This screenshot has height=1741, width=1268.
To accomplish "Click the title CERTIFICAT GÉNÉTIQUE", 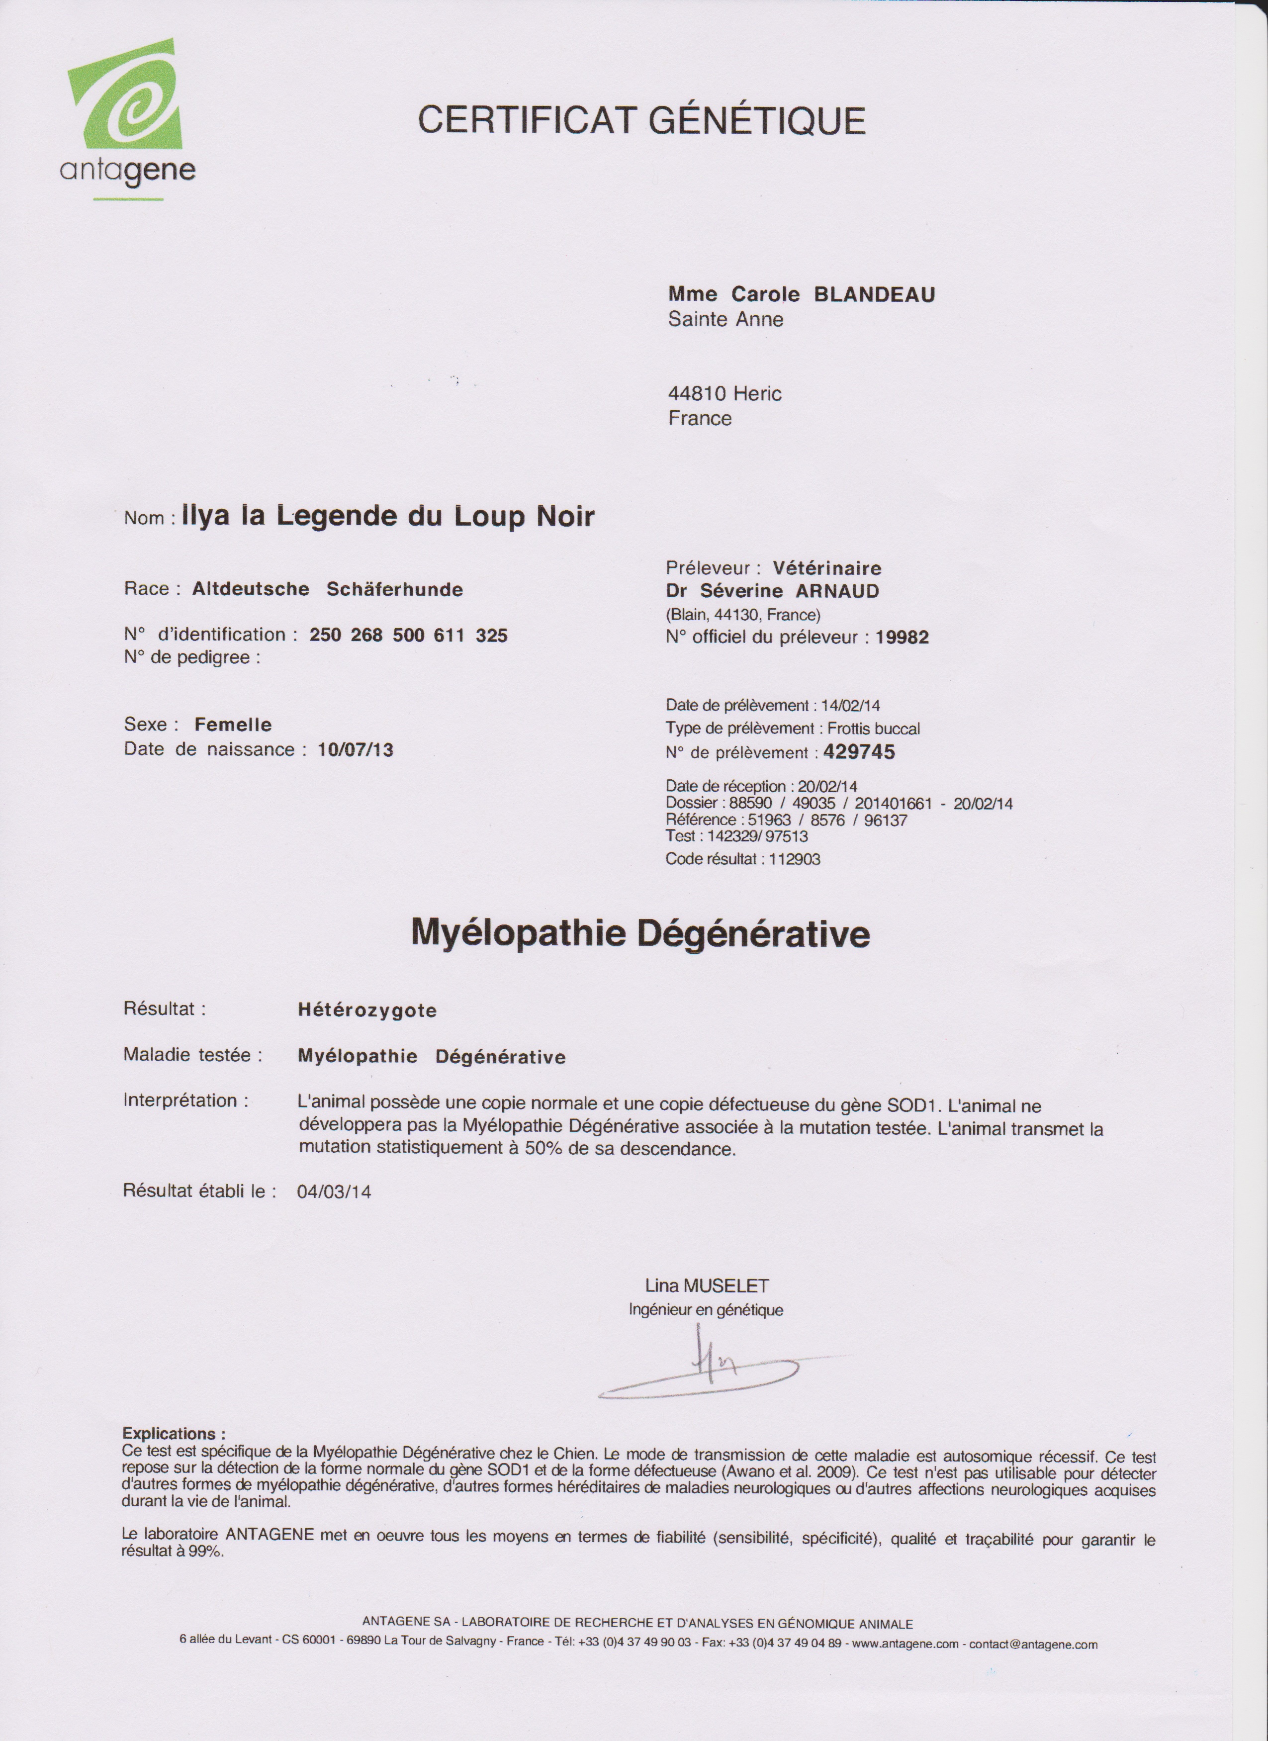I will click(x=641, y=120).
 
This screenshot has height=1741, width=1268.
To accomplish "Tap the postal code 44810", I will click(x=697, y=394).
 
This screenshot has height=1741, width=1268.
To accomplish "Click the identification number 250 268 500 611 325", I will click(x=408, y=636).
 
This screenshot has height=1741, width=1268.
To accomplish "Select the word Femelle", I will click(x=233, y=725).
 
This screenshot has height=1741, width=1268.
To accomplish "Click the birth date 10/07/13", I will click(x=356, y=750).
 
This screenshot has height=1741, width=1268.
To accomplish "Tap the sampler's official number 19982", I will click(x=902, y=637).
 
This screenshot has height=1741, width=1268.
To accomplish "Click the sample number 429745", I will click(x=859, y=752).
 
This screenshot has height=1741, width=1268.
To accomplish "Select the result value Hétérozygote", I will click(x=367, y=1010).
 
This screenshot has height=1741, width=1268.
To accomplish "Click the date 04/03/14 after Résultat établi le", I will click(x=334, y=1191).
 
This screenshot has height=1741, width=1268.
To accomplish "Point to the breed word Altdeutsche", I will click(x=250, y=590).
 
